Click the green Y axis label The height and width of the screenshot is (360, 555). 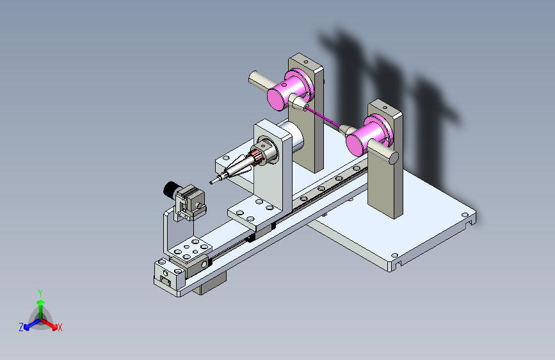point(40,293)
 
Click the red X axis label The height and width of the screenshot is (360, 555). point(60,327)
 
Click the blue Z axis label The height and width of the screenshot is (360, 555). point(21,327)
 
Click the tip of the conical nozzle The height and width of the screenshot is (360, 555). point(211,183)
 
